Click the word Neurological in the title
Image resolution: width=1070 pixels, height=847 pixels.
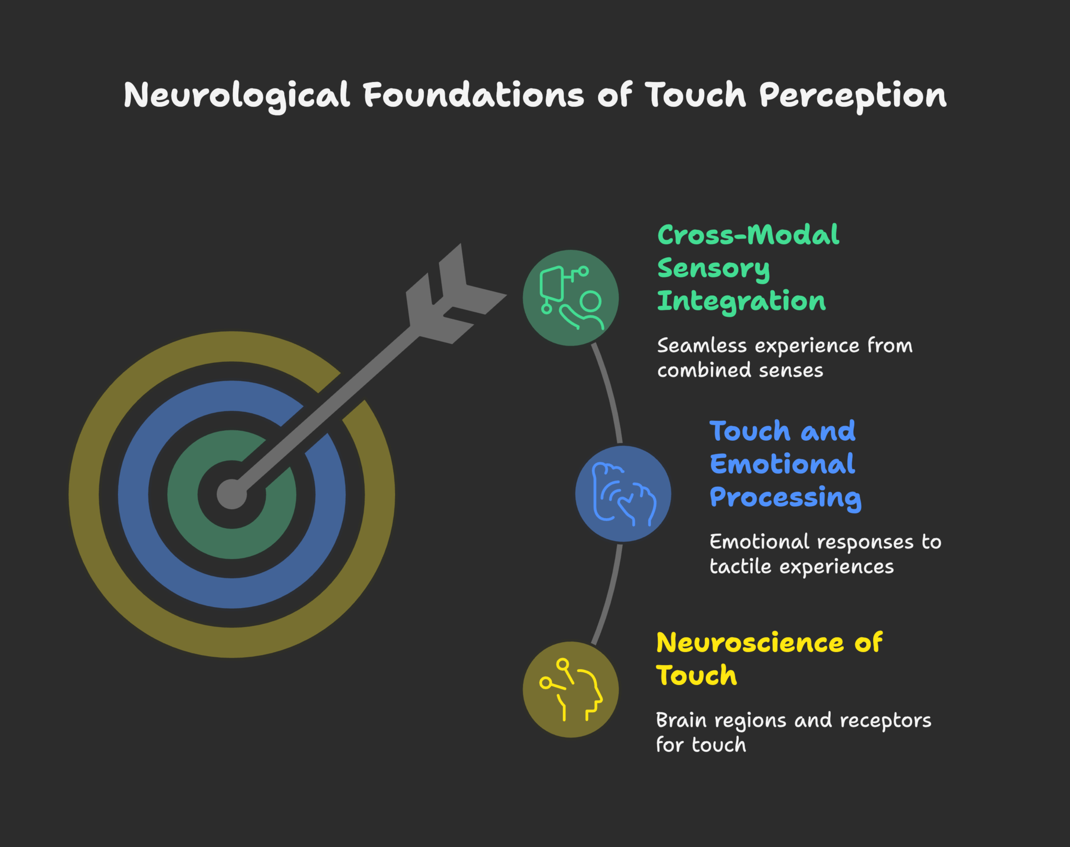237,96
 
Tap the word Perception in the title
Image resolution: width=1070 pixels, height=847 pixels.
853,96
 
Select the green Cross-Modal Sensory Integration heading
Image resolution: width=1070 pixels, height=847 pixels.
748,268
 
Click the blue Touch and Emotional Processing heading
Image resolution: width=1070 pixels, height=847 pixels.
784,464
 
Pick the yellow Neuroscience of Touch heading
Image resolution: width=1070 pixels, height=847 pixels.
769,659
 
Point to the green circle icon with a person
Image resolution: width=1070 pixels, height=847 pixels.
571,298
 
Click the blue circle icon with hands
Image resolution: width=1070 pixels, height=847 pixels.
623,494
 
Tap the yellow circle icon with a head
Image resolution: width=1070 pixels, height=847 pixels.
571,690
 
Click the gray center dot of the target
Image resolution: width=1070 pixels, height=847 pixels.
231,494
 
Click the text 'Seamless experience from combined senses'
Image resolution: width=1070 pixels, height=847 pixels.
784,358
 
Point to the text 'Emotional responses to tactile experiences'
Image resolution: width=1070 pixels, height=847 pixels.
825,554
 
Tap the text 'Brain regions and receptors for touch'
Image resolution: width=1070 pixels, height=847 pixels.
793,732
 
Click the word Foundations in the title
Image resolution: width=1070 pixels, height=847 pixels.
473,96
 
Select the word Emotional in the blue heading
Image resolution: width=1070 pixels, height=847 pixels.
782,464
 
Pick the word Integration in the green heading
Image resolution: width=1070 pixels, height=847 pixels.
741,301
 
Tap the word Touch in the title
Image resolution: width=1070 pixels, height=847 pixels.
695,96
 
